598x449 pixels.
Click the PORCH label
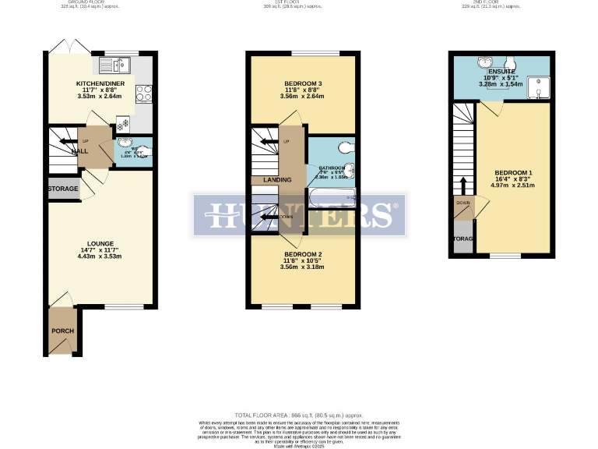[x=62, y=331]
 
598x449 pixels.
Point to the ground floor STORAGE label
[x=62, y=189]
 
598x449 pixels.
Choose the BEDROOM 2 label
[x=303, y=255]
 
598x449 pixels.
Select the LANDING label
[x=277, y=180]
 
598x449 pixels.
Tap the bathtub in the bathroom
[x=332, y=197]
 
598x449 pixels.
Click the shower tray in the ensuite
[x=539, y=88]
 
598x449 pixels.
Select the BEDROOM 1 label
[x=514, y=172]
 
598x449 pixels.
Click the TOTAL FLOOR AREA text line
[x=299, y=415]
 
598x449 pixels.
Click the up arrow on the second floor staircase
[x=463, y=186]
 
